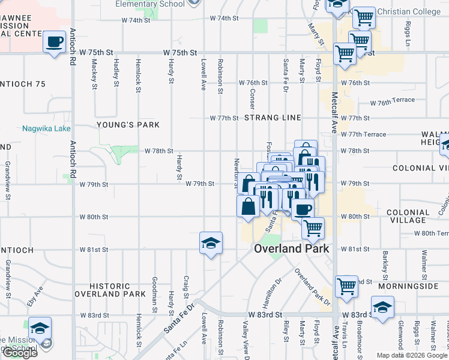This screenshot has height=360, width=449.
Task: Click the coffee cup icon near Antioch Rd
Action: click(x=55, y=43)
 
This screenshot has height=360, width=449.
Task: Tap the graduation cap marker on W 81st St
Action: click(x=211, y=243)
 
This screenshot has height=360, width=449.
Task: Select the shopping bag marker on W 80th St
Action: click(x=249, y=207)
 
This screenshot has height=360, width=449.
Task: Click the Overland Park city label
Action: click(x=292, y=248)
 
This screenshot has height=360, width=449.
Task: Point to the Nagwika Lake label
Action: click(x=46, y=128)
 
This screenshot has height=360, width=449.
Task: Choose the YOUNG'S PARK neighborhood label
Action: click(x=128, y=125)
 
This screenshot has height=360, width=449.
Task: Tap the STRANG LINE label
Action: click(x=273, y=118)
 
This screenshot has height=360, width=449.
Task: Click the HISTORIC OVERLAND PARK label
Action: click(x=110, y=290)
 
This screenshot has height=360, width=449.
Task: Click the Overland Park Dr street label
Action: click(x=312, y=286)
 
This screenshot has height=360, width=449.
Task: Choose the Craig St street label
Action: click(x=187, y=286)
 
